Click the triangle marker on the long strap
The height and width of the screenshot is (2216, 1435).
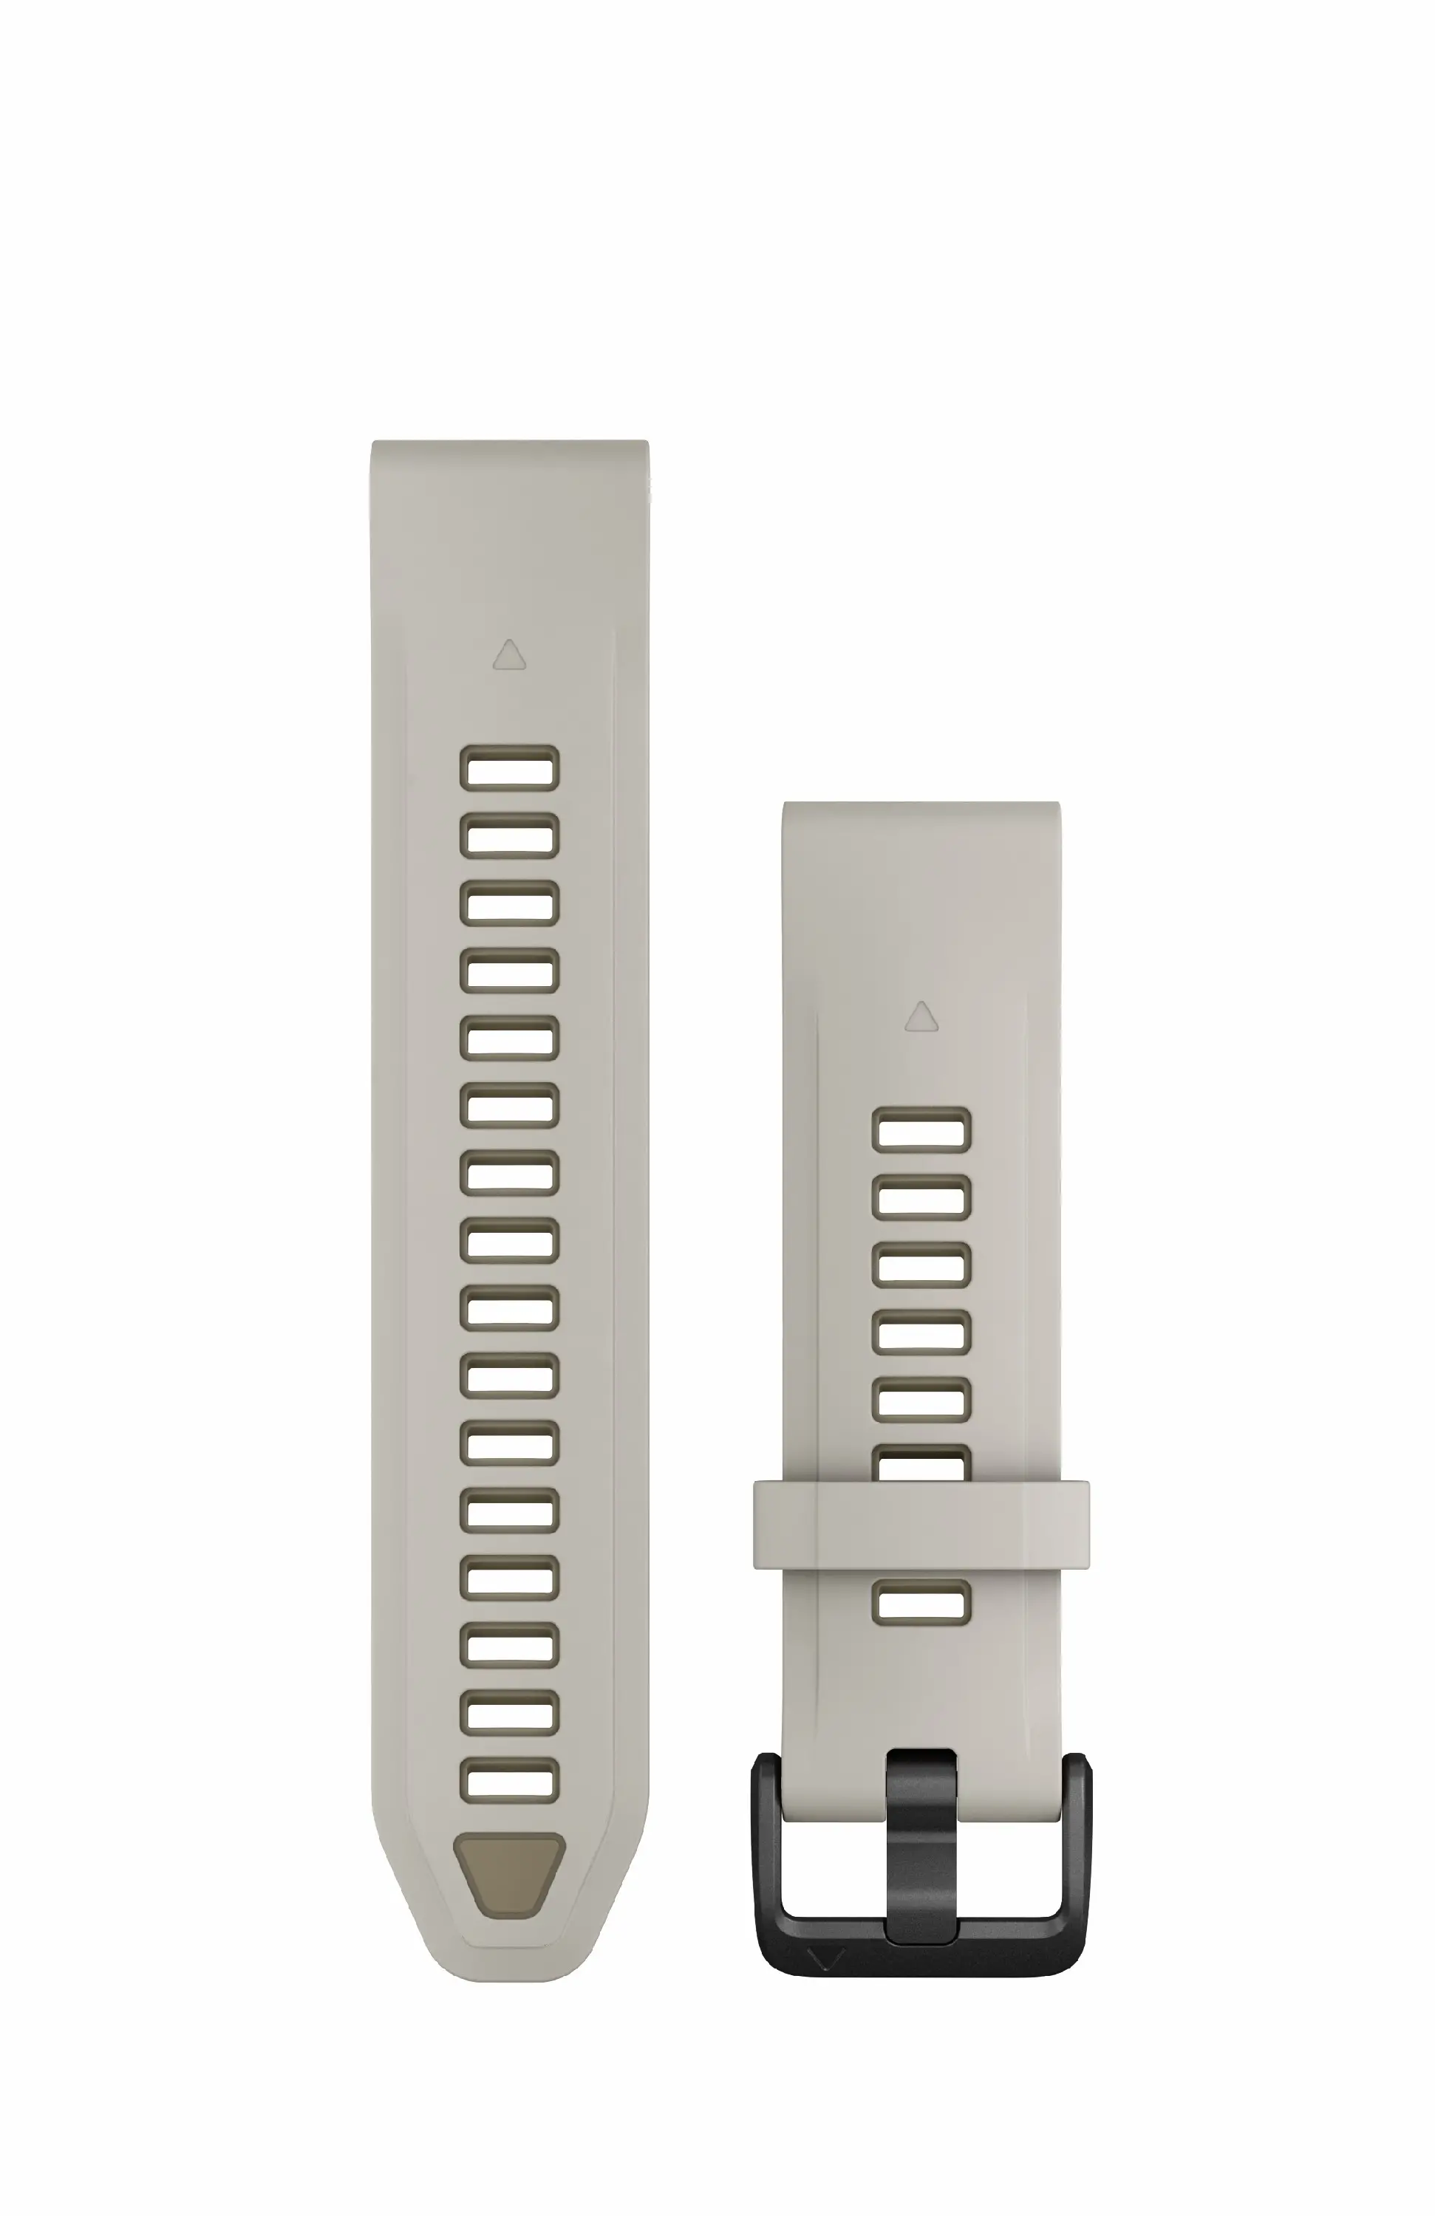(x=508, y=655)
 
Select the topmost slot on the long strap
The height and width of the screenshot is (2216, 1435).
(x=509, y=768)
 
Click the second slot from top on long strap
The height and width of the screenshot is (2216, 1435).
(x=509, y=835)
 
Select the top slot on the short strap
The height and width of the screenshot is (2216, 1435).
(x=921, y=1130)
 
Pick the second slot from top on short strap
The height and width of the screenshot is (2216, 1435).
(x=921, y=1197)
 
